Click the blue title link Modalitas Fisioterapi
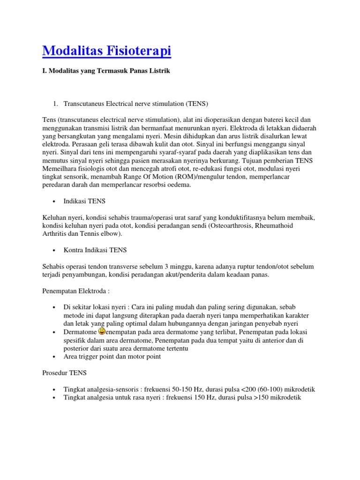point(106,51)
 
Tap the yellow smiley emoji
point(103,331)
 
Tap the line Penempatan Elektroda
point(75,291)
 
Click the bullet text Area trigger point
point(112,356)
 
